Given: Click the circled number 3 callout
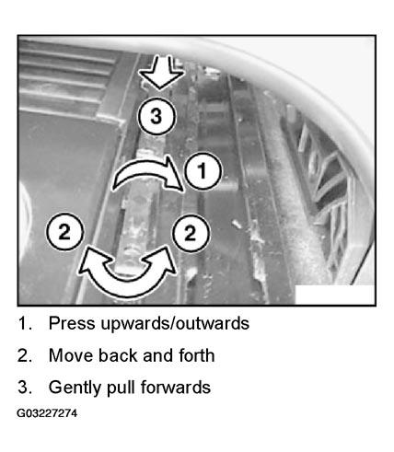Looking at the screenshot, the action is point(156,117).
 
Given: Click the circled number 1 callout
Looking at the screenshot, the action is point(202,170).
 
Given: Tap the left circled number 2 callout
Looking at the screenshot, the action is point(64,232).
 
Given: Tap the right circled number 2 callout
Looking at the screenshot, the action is point(191,233).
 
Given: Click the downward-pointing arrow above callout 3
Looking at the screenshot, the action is point(161,74).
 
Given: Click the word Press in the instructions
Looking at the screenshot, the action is point(72,323).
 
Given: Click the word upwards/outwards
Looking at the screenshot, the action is point(175,324).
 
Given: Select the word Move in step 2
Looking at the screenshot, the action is point(71,355).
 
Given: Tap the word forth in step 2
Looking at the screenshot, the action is point(197,355).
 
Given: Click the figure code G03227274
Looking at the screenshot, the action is point(47,413).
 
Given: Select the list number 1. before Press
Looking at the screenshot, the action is point(25,323).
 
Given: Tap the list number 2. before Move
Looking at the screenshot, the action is point(25,355).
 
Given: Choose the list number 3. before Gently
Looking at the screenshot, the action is point(25,388).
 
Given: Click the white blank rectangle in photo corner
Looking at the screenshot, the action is point(335,295).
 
